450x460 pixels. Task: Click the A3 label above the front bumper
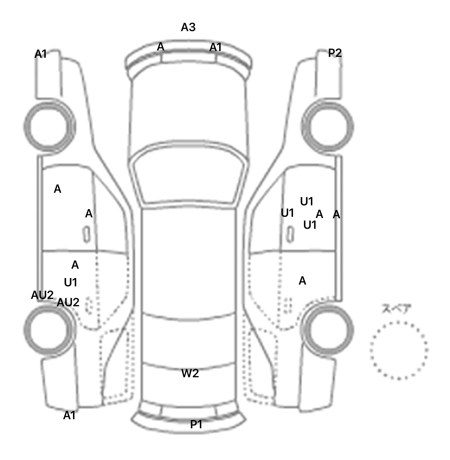coord(188,27)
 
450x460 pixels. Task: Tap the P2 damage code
coord(335,53)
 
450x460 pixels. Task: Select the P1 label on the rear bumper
coord(196,424)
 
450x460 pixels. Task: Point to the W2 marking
coord(190,373)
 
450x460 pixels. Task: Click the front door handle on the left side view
coord(87,235)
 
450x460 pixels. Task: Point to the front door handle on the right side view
coord(290,235)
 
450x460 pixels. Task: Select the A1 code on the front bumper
coord(215,47)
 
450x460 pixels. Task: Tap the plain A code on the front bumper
coord(161,47)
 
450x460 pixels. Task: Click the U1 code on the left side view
coord(71,283)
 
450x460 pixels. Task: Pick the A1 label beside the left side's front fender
coord(41,54)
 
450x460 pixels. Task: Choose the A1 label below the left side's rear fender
coord(69,415)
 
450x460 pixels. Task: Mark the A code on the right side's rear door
coord(302,281)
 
